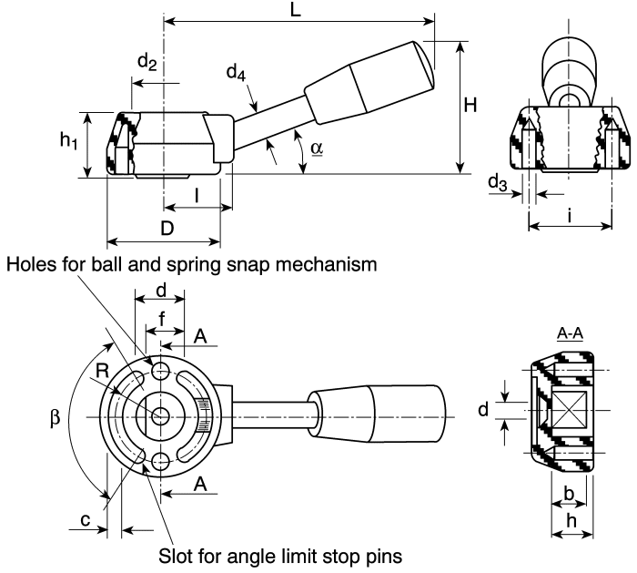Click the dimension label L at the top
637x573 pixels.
[x=296, y=9]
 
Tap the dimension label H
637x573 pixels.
[x=470, y=106]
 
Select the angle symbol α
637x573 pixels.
[x=317, y=148]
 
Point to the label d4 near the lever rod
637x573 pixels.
[x=236, y=73]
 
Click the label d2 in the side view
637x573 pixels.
[x=147, y=62]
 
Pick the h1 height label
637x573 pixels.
[x=68, y=140]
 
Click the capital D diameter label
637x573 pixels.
[x=167, y=229]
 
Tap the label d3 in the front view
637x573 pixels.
[x=498, y=182]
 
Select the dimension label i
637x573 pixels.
[x=570, y=216]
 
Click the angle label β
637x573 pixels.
[x=55, y=417]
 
